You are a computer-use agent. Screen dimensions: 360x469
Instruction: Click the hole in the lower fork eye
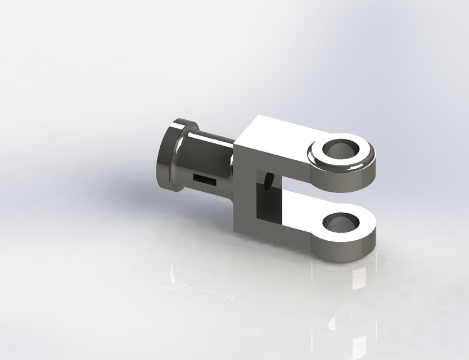[x=339, y=223]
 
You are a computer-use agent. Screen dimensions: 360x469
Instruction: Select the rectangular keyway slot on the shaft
[x=204, y=179]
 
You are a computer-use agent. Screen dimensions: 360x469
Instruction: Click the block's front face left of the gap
[x=244, y=186]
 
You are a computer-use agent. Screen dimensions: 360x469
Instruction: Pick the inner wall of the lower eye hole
[x=344, y=220]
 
